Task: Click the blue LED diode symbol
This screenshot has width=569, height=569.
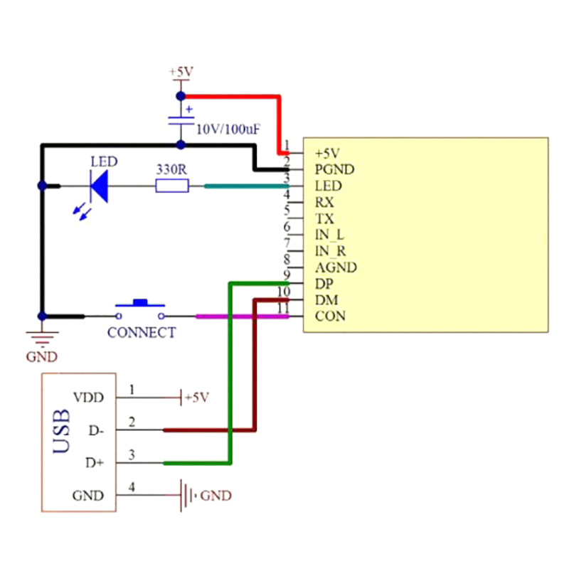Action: pos(99,186)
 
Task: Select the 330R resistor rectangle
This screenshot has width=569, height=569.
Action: pos(172,186)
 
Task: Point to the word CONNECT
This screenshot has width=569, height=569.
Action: pos(142,332)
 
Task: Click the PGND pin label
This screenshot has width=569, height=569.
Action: pos(334,169)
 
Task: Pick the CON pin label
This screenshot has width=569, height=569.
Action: pos(330,316)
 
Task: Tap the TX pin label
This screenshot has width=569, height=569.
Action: pos(324,218)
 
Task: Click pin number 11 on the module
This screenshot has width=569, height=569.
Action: pos(284,308)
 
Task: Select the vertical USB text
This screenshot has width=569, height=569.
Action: pos(62,431)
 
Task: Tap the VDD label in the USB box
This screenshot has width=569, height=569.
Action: pos(88,397)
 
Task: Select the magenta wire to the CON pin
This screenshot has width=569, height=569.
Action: pos(242,316)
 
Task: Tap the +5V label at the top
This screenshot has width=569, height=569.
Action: pos(181,72)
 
